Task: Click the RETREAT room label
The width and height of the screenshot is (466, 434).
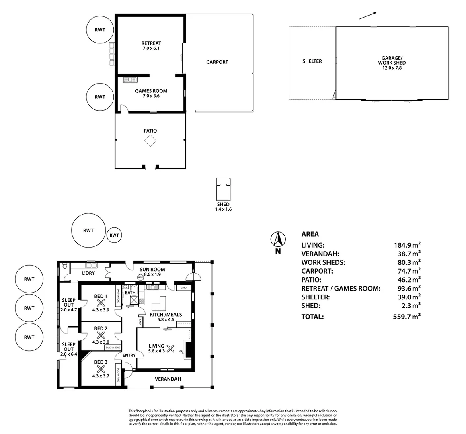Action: click(x=151, y=43)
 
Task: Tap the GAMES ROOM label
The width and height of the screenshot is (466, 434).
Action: click(x=151, y=91)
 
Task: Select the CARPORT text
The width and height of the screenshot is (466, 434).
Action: click(x=217, y=62)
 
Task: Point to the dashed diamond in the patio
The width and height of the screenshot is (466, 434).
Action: click(x=150, y=141)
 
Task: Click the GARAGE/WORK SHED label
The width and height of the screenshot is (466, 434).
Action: click(x=392, y=61)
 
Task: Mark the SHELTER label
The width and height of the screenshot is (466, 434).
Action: click(x=312, y=61)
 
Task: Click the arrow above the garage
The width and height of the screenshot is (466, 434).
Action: click(x=367, y=16)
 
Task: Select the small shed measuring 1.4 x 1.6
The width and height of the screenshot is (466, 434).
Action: click(x=223, y=189)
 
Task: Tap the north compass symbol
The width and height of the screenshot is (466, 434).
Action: click(x=277, y=240)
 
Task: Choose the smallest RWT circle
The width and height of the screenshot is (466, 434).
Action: click(x=114, y=235)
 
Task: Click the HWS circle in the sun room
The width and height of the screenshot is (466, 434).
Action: click(x=140, y=278)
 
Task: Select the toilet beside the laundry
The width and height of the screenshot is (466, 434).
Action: click(x=64, y=266)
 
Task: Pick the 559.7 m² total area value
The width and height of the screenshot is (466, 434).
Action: click(x=406, y=317)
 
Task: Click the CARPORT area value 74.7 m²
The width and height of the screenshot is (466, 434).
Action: click(x=406, y=271)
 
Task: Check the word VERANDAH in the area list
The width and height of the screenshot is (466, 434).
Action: click(x=320, y=254)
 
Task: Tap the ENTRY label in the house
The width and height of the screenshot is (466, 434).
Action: click(x=129, y=355)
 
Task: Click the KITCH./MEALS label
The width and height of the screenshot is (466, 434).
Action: click(x=166, y=315)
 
